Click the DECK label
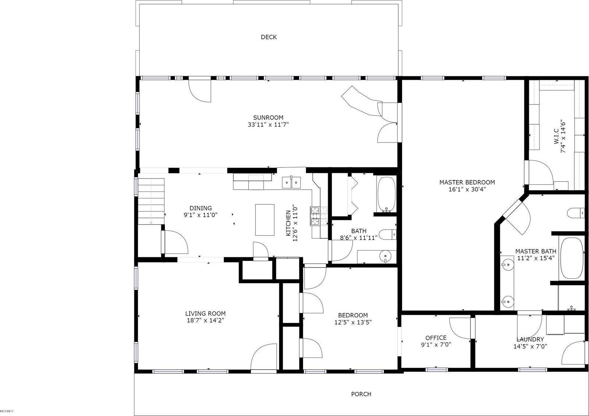click(268, 37)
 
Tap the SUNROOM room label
click(268, 117)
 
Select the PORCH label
click(361, 394)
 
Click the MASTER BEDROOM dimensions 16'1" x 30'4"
click(467, 189)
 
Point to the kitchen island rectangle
click(265, 219)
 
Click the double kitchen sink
click(291, 183)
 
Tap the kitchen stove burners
click(319, 216)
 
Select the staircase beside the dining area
click(151, 201)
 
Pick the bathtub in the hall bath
click(386, 194)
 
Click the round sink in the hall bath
click(386, 256)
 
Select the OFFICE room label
click(436, 338)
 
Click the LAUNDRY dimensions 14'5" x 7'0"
click(530, 346)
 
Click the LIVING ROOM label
click(205, 313)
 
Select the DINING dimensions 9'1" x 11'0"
click(201, 215)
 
